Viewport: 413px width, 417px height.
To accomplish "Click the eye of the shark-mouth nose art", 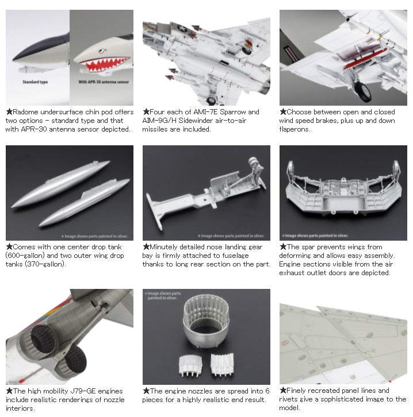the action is [102, 51].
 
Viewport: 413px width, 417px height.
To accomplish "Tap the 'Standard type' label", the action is [35, 82].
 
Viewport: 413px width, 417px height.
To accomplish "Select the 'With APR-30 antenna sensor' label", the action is [104, 82].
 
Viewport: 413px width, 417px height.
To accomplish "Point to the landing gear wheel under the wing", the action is [363, 92].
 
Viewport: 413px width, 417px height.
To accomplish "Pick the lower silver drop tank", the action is [85, 202].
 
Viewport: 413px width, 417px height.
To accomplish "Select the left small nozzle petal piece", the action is [190, 365].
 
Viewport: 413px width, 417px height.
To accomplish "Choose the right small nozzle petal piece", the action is [222, 365].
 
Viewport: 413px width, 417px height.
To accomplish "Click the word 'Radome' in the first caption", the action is [25, 112].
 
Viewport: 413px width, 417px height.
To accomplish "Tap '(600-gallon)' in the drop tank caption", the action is [25, 256].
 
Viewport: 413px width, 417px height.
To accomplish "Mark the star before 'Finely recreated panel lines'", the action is [283, 391].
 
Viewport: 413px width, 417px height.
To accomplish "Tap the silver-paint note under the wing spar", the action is [315, 235].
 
